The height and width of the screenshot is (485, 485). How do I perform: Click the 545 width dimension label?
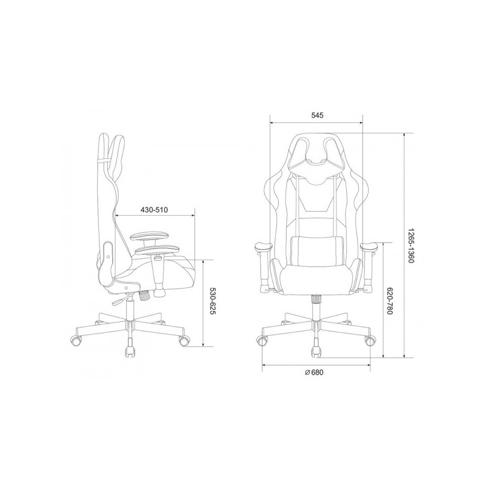click(317, 115)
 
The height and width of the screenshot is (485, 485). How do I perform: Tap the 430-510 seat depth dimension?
click(154, 210)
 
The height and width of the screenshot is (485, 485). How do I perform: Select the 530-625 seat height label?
click(213, 301)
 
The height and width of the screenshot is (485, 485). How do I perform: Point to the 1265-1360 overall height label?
click(410, 246)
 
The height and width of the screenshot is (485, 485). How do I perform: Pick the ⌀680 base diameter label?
click(313, 372)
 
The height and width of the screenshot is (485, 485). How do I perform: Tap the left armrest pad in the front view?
click(263, 247)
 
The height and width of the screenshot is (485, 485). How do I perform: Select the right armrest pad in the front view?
click(370, 247)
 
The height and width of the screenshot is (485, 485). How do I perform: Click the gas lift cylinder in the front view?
click(316, 309)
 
